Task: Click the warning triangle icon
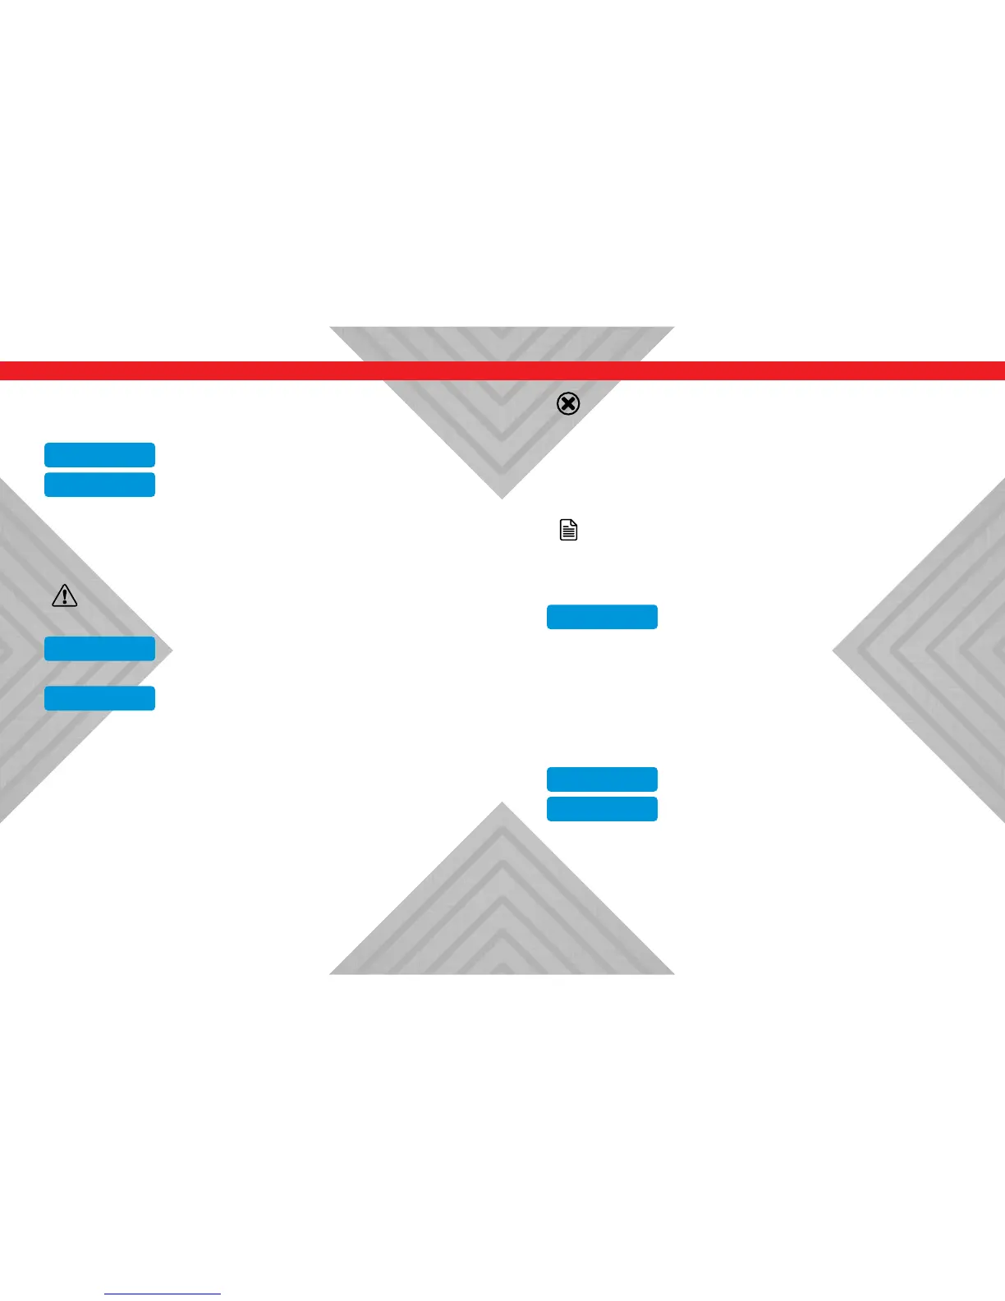[64, 595]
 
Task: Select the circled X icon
[568, 403]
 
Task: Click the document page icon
[568, 530]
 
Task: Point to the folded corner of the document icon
[574, 522]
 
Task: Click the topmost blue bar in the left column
[99, 455]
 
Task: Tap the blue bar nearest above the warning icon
[99, 485]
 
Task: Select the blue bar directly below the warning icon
[99, 649]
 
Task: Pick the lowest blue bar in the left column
[99, 698]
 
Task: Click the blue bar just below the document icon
[602, 617]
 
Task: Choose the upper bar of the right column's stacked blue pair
[602, 779]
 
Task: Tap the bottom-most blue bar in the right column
[602, 809]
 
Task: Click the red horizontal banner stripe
[502, 370]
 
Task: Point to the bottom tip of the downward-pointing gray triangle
[502, 498]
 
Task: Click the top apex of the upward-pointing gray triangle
[502, 803]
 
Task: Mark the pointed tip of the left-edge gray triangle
[172, 651]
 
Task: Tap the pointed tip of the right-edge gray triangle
[833, 651]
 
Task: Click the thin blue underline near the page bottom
[163, 1294]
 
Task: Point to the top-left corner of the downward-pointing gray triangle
[331, 328]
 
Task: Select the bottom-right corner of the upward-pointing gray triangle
[673, 973]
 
